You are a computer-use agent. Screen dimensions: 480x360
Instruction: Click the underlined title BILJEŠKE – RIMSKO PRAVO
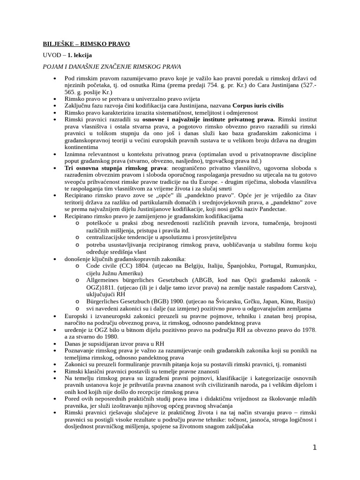tap(86, 44)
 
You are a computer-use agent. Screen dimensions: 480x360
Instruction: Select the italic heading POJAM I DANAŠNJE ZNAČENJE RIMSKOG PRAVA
tap(112, 67)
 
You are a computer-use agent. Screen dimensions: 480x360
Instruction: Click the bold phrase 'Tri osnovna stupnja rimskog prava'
tap(116, 167)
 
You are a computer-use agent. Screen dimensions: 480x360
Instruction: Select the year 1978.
tap(307, 330)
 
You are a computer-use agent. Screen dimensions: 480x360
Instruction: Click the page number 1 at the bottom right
tap(315, 447)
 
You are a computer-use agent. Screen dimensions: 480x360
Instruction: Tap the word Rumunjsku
tap(299, 266)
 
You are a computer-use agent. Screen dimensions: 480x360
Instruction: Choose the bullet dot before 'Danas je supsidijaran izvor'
tap(55, 344)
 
